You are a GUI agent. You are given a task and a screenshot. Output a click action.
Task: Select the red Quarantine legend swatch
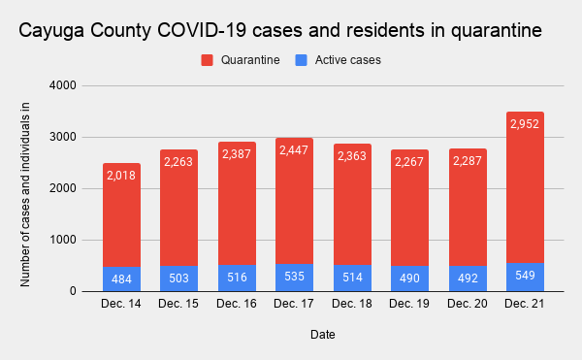pos(208,60)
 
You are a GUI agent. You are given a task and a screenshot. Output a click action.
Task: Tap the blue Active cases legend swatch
pos(300,60)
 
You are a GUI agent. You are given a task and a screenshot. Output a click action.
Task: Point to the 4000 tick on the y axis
pos(65,86)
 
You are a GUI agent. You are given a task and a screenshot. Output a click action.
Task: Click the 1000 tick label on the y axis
pos(65,240)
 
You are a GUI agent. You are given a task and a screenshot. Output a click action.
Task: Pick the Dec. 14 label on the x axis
pos(121,305)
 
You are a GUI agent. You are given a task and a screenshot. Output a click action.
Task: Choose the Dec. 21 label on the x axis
pos(525,305)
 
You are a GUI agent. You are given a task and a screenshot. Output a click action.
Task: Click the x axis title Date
pos(323,334)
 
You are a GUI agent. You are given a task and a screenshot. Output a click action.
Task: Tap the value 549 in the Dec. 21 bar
pos(525,276)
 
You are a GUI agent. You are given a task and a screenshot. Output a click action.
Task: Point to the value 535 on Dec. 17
pos(294,276)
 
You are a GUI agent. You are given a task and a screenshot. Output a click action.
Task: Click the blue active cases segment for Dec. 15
pos(178,278)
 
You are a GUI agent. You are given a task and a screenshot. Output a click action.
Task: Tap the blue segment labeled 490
pos(409,278)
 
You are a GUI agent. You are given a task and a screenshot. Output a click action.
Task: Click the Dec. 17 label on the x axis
pos(294,305)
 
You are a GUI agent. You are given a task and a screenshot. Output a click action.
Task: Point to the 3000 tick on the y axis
pos(65,137)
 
